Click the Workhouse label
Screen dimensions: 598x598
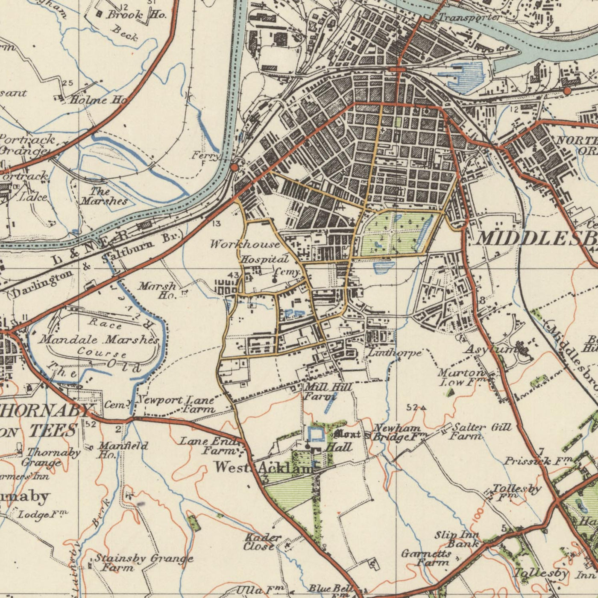pos(245,245)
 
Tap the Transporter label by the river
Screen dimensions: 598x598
pos(469,18)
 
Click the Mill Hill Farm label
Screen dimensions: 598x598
pos(327,392)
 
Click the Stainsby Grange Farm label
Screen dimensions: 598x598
pos(143,563)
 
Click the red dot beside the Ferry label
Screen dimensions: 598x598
pos(234,167)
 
